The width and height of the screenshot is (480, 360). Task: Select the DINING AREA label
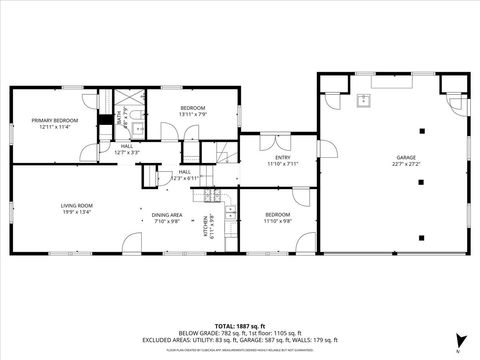(x=166, y=215)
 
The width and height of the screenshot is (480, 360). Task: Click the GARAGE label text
(x=405, y=157)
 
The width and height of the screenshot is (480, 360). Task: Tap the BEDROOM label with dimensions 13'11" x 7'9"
(x=193, y=107)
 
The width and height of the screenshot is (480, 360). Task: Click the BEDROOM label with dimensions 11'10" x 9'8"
(x=277, y=215)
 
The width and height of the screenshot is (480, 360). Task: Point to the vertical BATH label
(x=118, y=120)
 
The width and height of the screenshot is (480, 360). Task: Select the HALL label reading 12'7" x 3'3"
(x=127, y=146)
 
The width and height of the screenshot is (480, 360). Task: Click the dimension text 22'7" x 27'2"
(x=405, y=163)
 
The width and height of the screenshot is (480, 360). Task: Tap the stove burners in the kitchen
(x=210, y=194)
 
